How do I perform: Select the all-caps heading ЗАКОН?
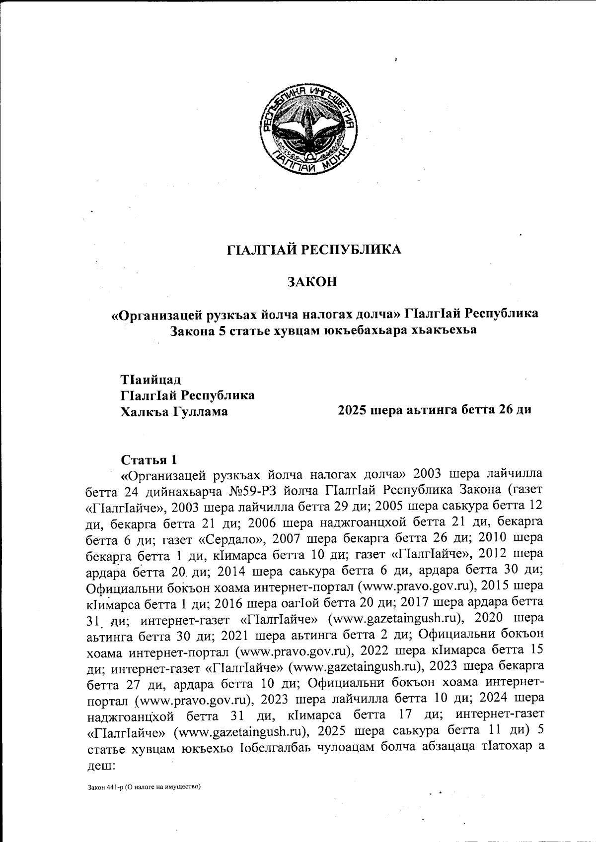click(312, 282)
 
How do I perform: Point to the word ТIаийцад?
click(151, 380)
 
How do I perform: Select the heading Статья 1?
click(149, 457)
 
